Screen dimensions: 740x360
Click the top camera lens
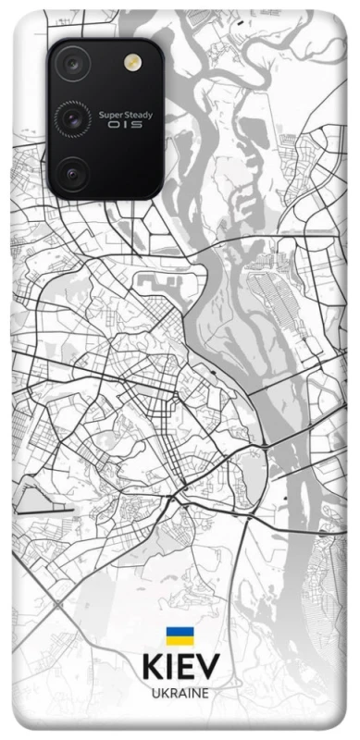71,64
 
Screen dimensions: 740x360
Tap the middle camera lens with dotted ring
71,117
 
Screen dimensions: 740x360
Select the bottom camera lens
71,170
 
